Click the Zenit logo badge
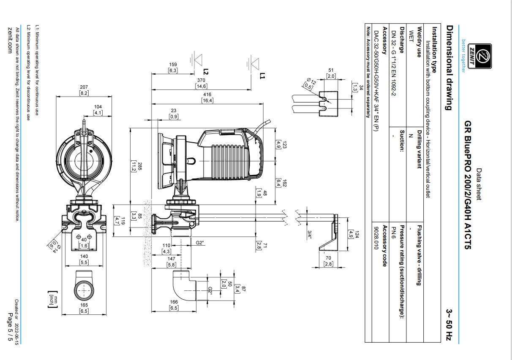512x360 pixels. point(480,56)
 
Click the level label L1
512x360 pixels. point(262,76)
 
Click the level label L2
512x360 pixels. point(206,72)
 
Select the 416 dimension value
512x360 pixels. point(207,94)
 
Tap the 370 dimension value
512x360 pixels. point(201,80)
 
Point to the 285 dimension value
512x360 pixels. point(140,166)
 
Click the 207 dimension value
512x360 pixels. point(84,87)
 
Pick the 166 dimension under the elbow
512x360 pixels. point(174,302)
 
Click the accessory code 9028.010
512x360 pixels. point(376,238)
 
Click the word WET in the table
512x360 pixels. point(411,37)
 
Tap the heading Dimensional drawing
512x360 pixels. point(449,68)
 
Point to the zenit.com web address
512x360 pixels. point(10,41)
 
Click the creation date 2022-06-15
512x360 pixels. point(16,333)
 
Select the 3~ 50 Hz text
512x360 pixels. point(449,325)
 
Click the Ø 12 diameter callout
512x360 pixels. point(311,81)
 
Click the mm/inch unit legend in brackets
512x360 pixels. point(53,299)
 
